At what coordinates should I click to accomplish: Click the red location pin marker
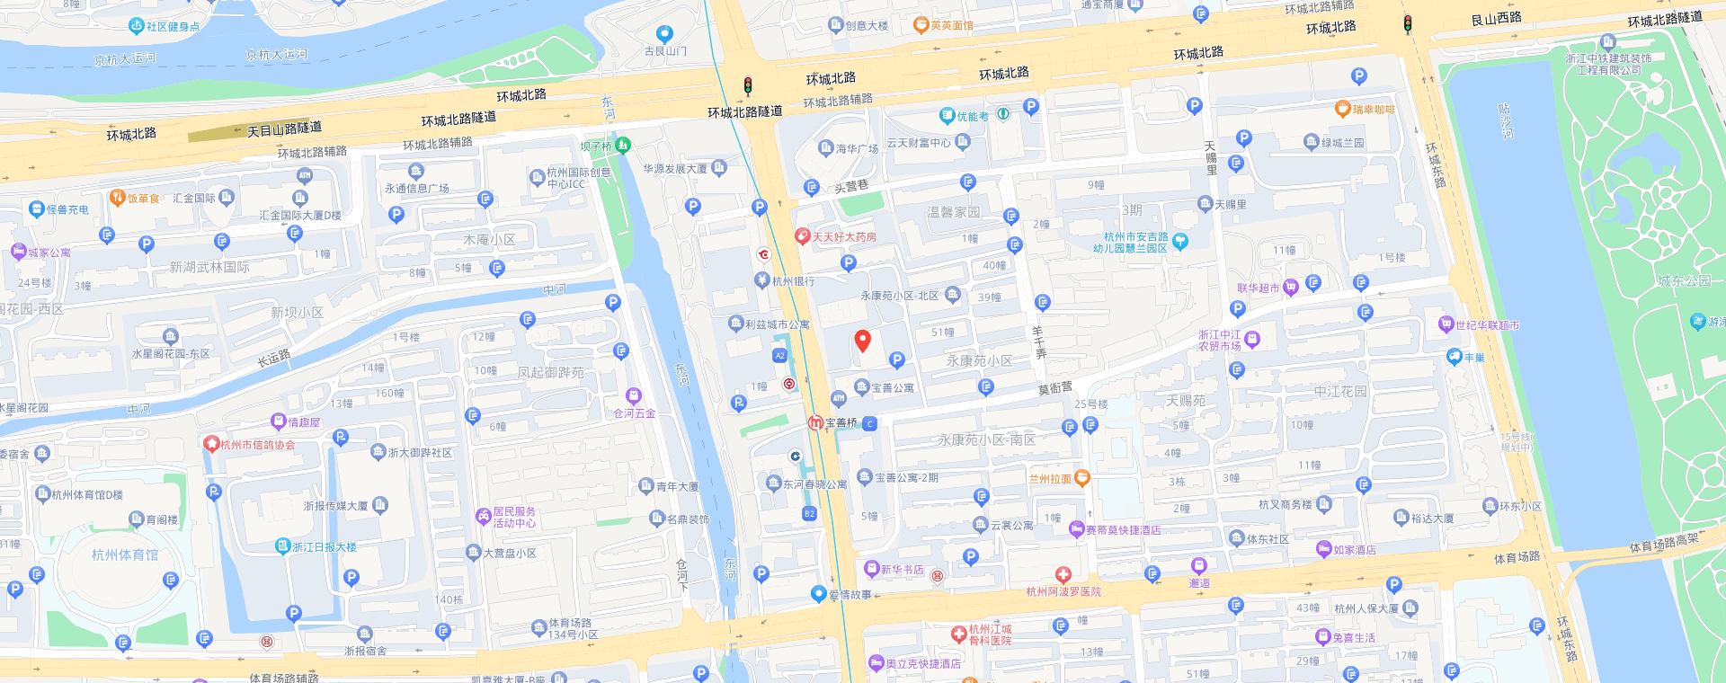[862, 340]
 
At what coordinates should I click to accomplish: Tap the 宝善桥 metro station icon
[815, 422]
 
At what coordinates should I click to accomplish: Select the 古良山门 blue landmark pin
[664, 34]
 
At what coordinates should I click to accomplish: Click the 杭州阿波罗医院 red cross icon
[1063, 575]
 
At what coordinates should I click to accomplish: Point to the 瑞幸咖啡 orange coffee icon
[1342, 109]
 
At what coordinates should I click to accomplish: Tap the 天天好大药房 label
[844, 237]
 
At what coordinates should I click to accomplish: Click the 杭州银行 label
[793, 281]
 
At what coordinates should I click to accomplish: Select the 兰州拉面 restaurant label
[1050, 479]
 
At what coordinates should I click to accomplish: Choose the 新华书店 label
[902, 570]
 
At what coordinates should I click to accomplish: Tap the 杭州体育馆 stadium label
[125, 555]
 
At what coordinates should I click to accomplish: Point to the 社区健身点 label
[173, 27]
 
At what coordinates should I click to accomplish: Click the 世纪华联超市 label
[1487, 325]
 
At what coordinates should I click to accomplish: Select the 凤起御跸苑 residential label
[550, 372]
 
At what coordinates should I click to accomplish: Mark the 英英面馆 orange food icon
[921, 25]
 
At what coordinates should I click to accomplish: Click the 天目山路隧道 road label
[284, 129]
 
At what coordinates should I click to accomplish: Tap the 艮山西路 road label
[1496, 18]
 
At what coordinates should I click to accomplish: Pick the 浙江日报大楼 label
[324, 547]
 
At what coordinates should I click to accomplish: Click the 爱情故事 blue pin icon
[818, 593]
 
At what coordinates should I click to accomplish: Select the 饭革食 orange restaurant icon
[117, 198]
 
